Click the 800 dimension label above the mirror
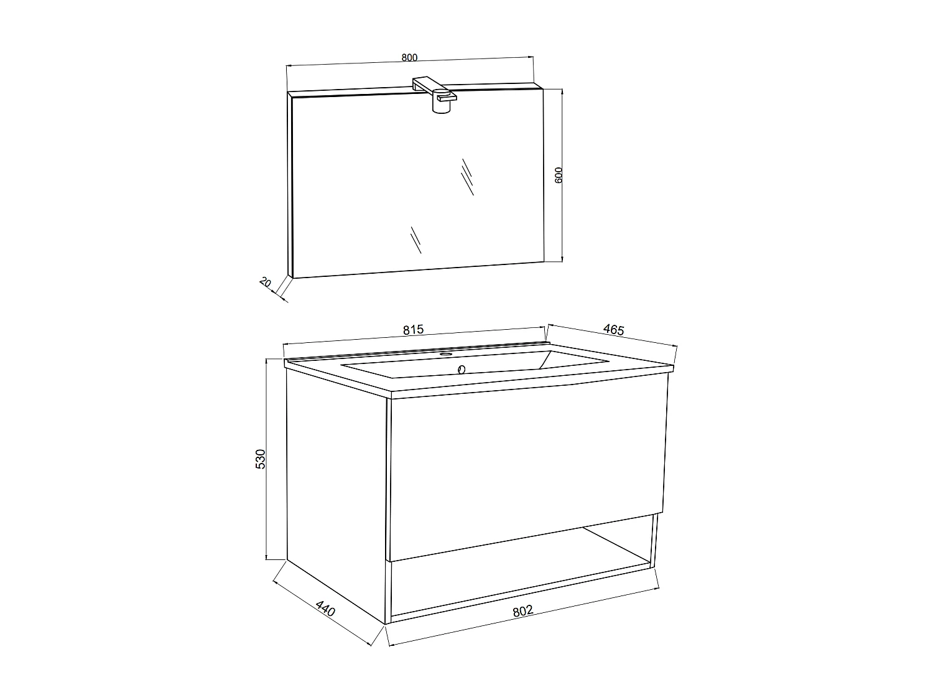click(409, 57)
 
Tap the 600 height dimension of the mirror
click(559, 174)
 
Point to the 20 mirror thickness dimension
click(265, 282)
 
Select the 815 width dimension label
click(413, 330)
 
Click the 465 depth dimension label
click(613, 330)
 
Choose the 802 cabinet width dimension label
click(523, 611)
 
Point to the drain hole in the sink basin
click(462, 370)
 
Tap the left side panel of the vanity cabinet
click(336, 492)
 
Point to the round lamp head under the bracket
click(440, 106)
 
